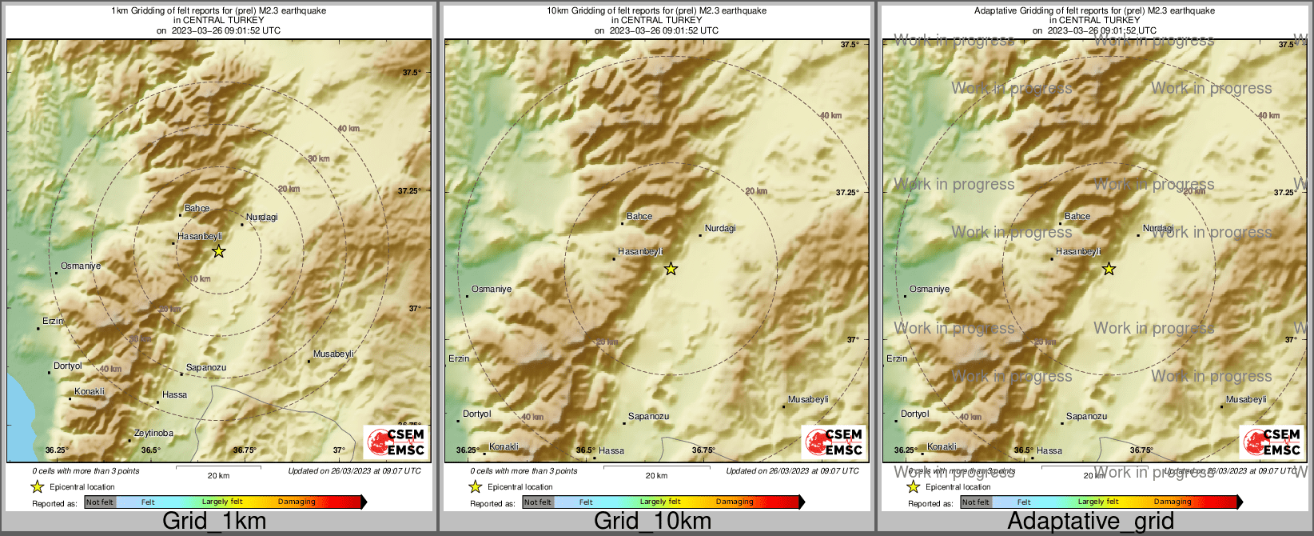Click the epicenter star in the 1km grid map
tap(218, 251)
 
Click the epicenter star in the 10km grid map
tap(671, 269)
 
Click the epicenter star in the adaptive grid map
tap(1109, 269)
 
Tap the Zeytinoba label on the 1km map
tap(153, 434)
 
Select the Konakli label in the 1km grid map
tap(90, 392)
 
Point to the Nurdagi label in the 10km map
tap(720, 229)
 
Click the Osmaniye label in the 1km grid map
tap(81, 266)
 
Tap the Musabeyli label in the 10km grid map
tap(808, 400)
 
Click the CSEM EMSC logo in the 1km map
tap(396, 442)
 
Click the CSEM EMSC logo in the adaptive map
tap(1272, 442)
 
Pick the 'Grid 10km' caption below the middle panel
tap(652, 522)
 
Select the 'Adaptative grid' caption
tap(1090, 522)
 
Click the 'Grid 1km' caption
tap(214, 522)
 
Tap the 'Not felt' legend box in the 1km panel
tap(100, 502)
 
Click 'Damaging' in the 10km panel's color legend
tap(735, 502)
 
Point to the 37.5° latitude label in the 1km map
tap(412, 73)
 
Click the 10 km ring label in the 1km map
tap(200, 279)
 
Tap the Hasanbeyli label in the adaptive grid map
tap(1078, 252)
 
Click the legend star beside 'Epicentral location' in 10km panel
tap(475, 486)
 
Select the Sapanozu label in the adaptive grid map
tap(1087, 417)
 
